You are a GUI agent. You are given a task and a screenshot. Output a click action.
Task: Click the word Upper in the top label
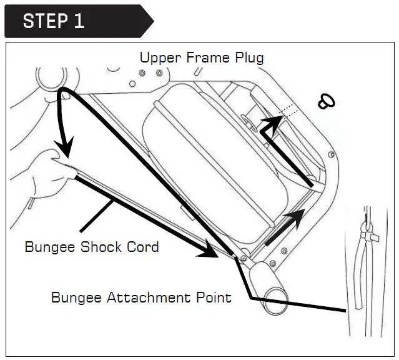158,58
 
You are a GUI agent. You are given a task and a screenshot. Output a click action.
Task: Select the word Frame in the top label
203,58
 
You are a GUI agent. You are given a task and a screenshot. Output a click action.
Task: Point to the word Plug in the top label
248,59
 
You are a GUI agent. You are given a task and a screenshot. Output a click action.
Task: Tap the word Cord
143,247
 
